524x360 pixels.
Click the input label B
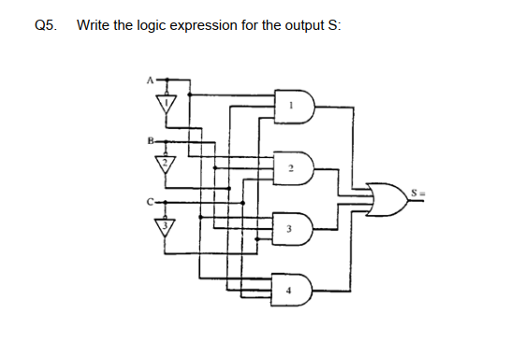(x=147, y=142)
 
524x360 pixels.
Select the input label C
(x=147, y=200)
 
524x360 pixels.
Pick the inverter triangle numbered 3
(x=166, y=224)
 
